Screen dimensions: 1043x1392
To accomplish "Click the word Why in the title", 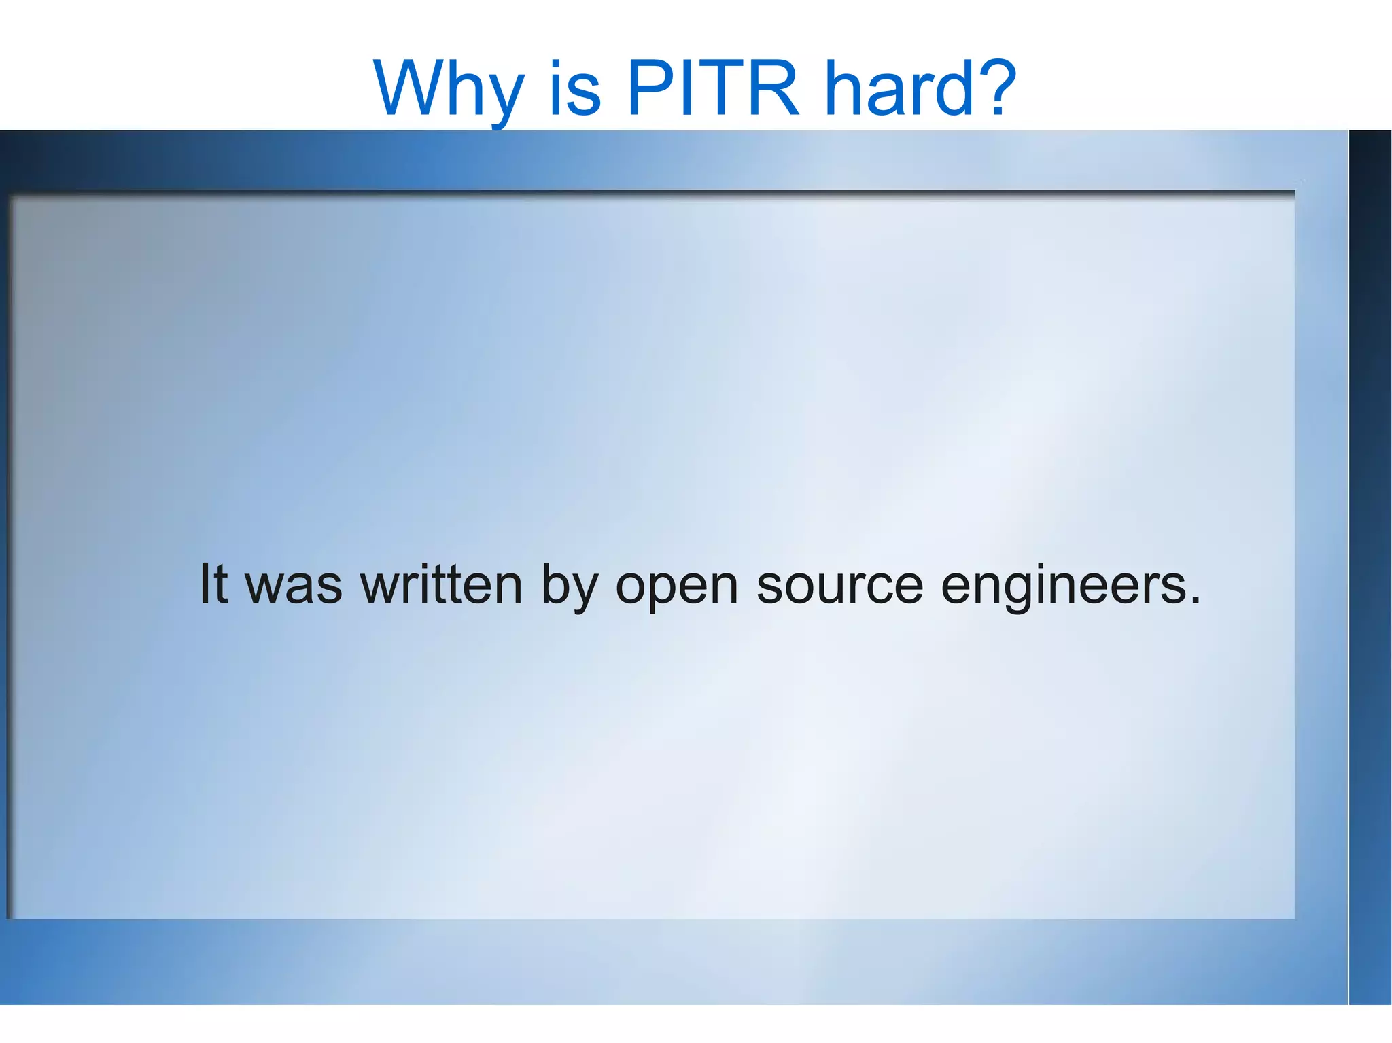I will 449,90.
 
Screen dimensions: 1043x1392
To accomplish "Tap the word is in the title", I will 575,90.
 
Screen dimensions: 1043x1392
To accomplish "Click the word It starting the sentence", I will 213,584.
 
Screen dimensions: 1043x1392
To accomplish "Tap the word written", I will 441,584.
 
